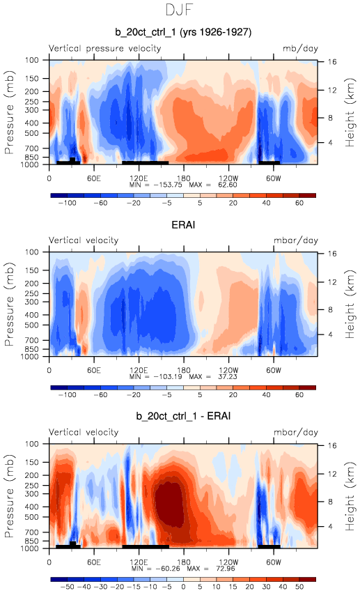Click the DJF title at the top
click(180, 10)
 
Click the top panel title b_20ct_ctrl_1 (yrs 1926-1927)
click(183, 32)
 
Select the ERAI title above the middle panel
click(183, 224)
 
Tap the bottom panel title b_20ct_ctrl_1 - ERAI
click(183, 416)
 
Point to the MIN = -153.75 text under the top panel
click(156, 185)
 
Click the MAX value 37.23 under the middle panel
click(228, 377)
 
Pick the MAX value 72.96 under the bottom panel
click(225, 569)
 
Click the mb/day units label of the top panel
click(300, 49)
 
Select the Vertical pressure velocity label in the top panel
click(105, 48)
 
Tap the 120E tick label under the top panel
click(139, 178)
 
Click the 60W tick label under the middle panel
click(274, 370)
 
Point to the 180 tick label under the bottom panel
click(184, 562)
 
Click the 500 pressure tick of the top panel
click(32, 133)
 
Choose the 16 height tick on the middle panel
click(332, 254)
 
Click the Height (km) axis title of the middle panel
click(350, 304)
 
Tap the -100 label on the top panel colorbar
click(68, 203)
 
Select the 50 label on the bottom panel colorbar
click(299, 587)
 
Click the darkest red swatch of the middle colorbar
click(308, 387)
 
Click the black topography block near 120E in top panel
click(145, 162)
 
